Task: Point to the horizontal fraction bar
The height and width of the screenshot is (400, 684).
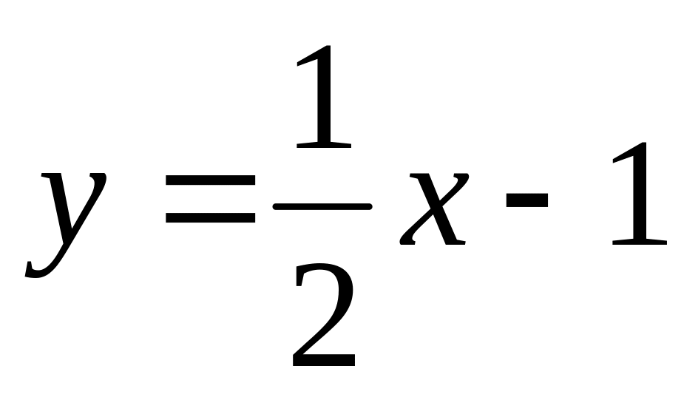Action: click(322, 207)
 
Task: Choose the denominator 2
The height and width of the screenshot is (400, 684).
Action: click(323, 318)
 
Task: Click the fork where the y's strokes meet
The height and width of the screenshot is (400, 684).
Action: click(70, 237)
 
